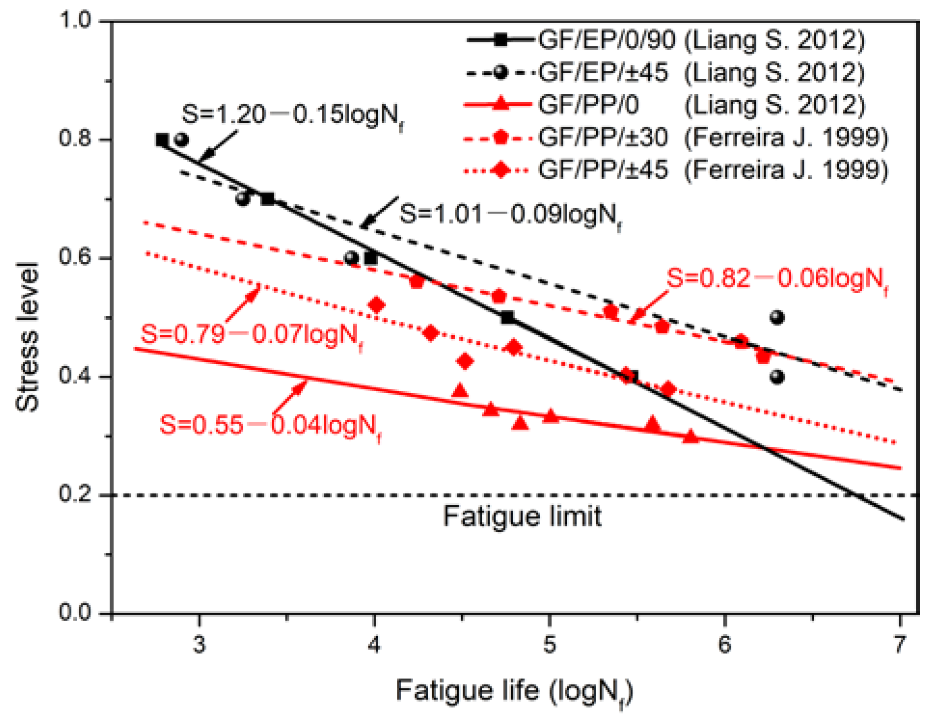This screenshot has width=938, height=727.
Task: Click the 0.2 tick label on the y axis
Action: pos(75,494)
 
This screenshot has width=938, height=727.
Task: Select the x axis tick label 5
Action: pos(549,645)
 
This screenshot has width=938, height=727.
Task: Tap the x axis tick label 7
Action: pos(899,645)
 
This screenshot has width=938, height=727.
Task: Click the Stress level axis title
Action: pos(28,337)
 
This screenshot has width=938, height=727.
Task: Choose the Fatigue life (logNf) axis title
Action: pos(514,691)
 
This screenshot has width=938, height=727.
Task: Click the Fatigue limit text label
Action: pos(522,516)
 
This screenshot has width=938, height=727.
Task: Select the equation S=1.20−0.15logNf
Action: pos(293,115)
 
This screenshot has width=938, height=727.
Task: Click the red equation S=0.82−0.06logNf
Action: pos(777,279)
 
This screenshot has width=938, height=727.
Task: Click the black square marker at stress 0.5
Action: pos(507,317)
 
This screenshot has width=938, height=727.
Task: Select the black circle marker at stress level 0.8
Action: pos(182,140)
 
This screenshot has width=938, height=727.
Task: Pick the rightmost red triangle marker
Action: pos(690,437)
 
